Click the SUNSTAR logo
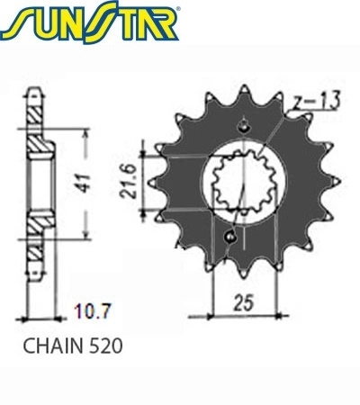pyautogui.click(x=90, y=22)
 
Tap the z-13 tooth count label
pyautogui.click(x=316, y=101)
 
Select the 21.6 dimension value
pyautogui.click(x=129, y=181)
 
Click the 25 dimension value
pyautogui.click(x=244, y=302)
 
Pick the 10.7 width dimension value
pyautogui.click(x=93, y=311)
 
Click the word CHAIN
pyautogui.click(x=52, y=346)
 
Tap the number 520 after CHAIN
pyautogui.click(x=106, y=346)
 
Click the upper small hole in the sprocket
pyautogui.click(x=244, y=127)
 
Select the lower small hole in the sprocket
pyautogui.click(x=230, y=237)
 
